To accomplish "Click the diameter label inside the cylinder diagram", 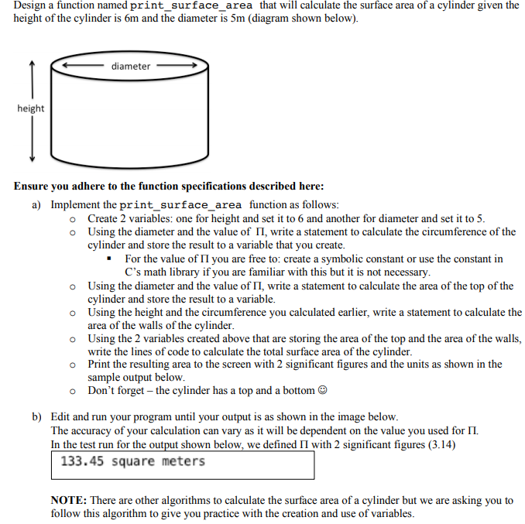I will (131, 67).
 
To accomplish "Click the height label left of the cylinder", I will (31, 108).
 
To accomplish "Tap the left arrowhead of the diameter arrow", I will (67, 67).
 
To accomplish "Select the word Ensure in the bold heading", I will (32, 187).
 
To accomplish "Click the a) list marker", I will (37, 205).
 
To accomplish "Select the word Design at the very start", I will (32, 5).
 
